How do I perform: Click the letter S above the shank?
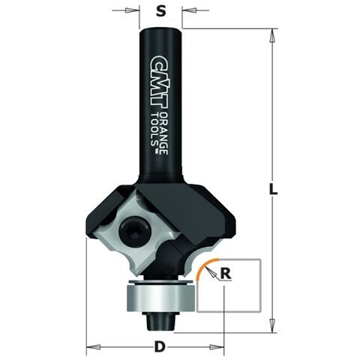(160, 11)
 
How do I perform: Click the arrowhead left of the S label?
(136, 11)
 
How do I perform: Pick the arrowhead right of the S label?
(185, 11)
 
